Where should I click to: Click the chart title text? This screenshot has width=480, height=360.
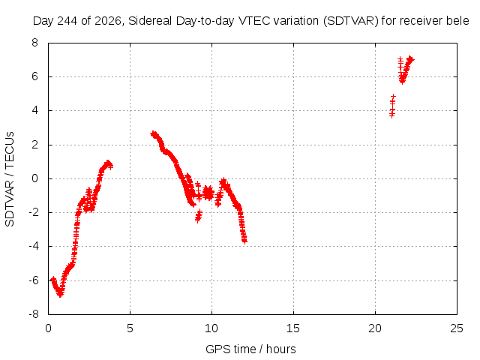pos(250,21)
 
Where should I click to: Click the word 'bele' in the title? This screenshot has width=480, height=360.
pos(457,21)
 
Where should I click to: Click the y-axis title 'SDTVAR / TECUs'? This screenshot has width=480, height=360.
pos(10,179)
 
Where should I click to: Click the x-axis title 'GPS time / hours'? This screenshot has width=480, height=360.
pos(250,349)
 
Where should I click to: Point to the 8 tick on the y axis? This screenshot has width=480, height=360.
pos(34,43)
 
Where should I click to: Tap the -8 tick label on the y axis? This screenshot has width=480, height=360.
pos(33,314)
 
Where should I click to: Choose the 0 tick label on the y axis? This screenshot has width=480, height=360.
pos(34,178)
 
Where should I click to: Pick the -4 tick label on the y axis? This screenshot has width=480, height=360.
pos(33,246)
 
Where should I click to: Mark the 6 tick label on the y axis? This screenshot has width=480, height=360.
pos(34,76)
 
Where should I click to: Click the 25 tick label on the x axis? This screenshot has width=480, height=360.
pos(457,328)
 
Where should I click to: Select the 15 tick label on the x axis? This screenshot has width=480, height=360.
pos(293,328)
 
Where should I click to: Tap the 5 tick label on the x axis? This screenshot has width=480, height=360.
pos(130,328)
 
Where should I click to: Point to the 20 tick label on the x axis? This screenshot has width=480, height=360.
pos(375,328)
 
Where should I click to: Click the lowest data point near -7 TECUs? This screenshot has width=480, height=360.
pos(60,295)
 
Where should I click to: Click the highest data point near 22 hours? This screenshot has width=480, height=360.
pos(410,58)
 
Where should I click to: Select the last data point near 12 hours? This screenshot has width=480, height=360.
pos(244,241)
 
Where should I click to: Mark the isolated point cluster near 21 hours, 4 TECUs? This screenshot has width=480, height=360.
pos(392,106)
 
